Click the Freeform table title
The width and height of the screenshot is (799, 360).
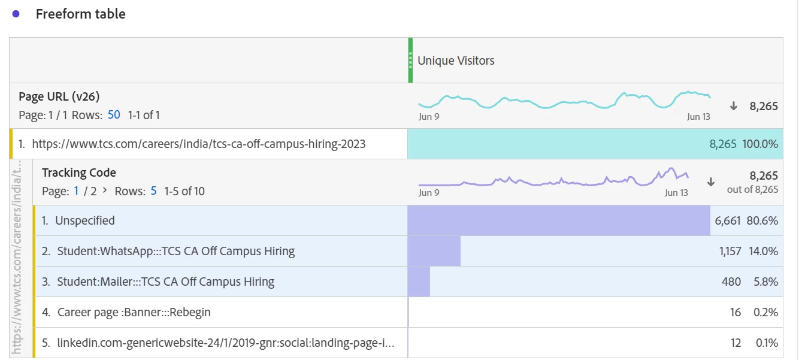(80, 14)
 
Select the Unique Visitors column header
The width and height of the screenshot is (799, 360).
(456, 60)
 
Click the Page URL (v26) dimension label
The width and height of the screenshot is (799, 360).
(59, 96)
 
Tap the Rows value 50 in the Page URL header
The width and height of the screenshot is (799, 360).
(114, 115)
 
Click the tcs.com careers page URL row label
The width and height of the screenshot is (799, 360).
(198, 144)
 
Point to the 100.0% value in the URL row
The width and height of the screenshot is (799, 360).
(760, 144)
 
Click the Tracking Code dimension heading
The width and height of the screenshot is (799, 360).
(79, 173)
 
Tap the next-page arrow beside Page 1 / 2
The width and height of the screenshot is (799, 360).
(105, 191)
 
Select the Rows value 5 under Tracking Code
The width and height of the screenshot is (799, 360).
(154, 191)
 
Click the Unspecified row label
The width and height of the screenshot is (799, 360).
(84, 220)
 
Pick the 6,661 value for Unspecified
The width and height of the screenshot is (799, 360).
(728, 221)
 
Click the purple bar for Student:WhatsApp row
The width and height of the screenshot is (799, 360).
(434, 251)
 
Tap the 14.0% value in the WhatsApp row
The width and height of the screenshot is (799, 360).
(763, 252)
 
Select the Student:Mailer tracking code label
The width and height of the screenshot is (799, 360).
(165, 282)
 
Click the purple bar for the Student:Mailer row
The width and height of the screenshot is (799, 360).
(419, 282)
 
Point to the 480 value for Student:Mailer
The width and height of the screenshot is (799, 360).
(731, 282)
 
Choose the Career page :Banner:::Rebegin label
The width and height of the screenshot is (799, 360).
(134, 312)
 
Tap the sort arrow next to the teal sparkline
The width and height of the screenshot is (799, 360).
(733, 106)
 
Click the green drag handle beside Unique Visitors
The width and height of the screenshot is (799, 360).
(410, 60)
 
